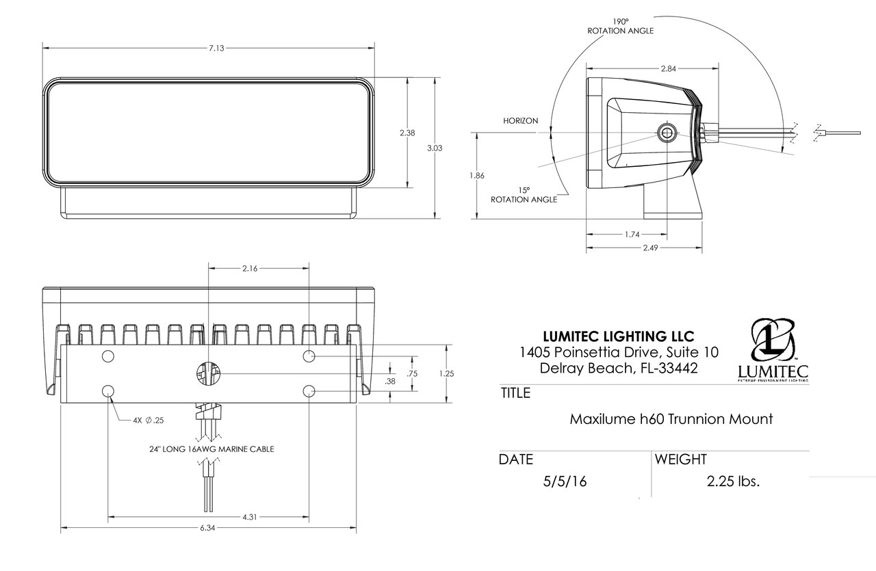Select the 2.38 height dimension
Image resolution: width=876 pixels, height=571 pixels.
tap(407, 133)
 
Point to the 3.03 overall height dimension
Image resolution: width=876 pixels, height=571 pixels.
tap(435, 148)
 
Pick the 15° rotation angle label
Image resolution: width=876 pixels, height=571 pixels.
tap(524, 194)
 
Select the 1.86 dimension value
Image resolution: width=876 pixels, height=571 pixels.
tap(477, 176)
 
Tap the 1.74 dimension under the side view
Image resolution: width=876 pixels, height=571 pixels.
tap(632, 234)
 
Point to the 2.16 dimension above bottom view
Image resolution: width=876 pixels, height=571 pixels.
tap(250, 269)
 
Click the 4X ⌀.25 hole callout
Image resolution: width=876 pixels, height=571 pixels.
tap(149, 420)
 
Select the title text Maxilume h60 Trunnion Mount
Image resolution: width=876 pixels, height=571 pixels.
tap(671, 419)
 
